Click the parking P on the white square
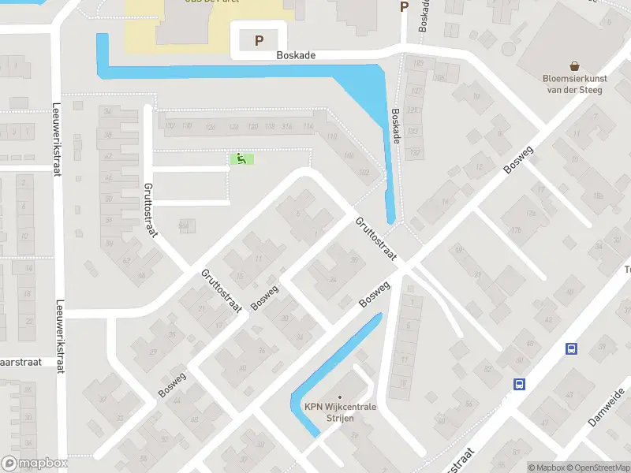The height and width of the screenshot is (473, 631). coord(259,41)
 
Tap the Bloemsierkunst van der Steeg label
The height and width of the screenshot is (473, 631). coord(573,84)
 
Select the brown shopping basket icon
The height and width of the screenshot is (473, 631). coord(573,68)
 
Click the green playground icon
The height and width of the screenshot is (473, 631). coord(241,159)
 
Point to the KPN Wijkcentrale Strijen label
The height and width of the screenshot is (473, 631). coord(341,412)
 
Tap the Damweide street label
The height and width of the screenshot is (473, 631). coord(606,407)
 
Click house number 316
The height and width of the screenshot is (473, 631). coord(287,127)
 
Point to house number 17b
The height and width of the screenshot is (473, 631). coord(516,230)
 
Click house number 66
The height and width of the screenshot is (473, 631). coord(142,276)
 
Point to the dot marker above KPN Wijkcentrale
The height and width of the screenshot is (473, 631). coord(341,398)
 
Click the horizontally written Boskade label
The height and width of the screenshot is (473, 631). coord(296,56)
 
